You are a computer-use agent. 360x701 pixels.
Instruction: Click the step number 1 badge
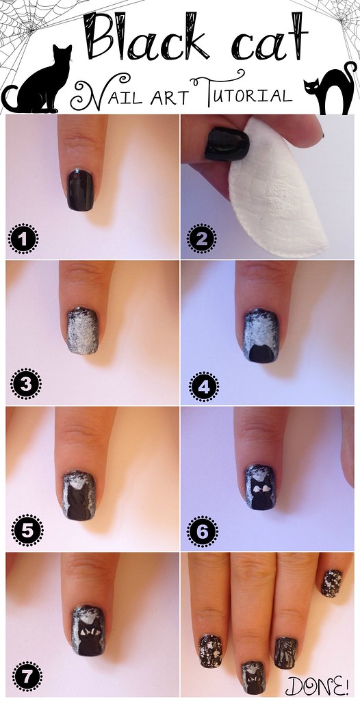coord(23,239)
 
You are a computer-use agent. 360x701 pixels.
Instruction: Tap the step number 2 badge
coord(201,239)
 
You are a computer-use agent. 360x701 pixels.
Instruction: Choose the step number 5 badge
coord(28,531)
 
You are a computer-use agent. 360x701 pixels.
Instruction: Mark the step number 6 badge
coord(202,531)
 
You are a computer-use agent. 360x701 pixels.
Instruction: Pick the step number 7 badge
coord(27,677)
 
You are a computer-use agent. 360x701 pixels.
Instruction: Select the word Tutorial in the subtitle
coord(242,92)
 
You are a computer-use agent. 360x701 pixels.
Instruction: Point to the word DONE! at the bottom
coord(318,685)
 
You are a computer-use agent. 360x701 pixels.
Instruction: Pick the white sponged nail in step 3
coord(83,331)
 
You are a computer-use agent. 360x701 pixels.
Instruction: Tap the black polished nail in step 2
coord(227,144)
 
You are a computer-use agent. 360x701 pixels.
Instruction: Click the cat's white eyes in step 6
coord(261,490)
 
